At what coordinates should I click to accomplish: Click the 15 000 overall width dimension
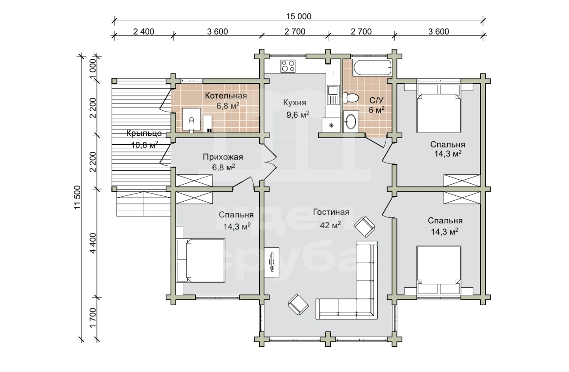pos(299,17)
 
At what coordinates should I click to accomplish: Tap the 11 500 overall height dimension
pos(77,198)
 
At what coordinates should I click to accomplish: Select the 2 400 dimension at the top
pos(143,32)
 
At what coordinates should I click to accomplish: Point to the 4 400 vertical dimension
pos(93,243)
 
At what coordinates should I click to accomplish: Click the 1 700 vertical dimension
pos(93,318)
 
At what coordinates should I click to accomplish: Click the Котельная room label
pos(226,96)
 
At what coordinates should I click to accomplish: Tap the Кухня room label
pos(295,103)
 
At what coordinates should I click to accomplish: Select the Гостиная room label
pos(331,212)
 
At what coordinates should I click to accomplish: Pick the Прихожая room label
pos(223,157)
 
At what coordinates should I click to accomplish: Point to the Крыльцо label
pos(144,133)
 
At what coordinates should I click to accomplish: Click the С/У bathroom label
pos(376,100)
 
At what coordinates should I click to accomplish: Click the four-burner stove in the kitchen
pos(288,66)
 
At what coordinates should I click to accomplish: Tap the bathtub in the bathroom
pos(372,68)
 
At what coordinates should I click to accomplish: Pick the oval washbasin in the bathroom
pos(351,122)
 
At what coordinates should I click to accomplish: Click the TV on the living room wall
pos(272,262)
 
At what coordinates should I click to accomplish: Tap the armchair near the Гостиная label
pos(365,227)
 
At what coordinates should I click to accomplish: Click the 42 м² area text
pos(330,225)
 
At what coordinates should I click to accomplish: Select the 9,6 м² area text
pos(297,115)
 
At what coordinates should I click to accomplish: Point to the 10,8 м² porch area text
pos(145,145)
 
